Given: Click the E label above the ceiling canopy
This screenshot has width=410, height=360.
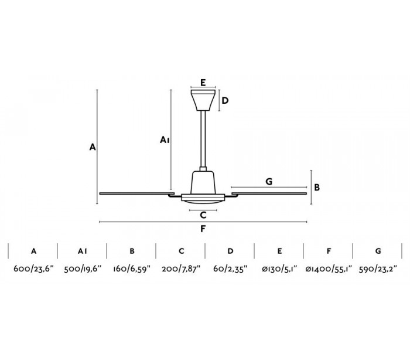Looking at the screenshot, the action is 203,83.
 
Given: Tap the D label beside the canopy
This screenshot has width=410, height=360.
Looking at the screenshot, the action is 225,100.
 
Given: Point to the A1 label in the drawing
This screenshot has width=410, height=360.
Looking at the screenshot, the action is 165,140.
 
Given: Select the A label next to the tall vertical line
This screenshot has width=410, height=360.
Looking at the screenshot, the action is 93,147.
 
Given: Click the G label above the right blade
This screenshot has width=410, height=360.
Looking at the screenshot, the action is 269,181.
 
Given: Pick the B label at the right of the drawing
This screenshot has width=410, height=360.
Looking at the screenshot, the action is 317,188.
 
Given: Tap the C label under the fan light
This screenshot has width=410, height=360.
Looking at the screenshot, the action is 203,215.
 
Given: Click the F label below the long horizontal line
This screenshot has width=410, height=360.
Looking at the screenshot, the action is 203,229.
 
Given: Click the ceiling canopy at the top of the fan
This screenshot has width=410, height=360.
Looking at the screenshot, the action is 203,100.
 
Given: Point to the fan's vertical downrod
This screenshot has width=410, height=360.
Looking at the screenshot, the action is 203,139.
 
